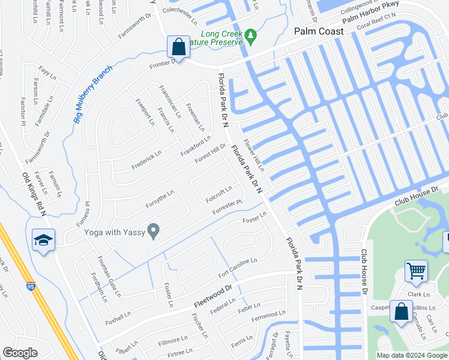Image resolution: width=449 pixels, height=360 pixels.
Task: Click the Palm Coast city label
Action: click(x=318, y=31)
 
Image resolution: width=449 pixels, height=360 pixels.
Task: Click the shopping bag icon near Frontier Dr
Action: click(x=179, y=46)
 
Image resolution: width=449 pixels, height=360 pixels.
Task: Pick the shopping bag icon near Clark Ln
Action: click(x=400, y=311)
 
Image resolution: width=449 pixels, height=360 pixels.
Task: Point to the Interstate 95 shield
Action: click(x=31, y=286)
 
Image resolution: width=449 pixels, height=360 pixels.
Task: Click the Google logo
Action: click(x=20, y=353)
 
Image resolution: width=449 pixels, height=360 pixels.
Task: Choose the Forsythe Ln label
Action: click(x=159, y=199)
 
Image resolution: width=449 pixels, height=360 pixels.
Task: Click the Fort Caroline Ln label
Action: click(x=238, y=268)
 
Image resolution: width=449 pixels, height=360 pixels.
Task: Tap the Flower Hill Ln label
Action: click(x=253, y=157)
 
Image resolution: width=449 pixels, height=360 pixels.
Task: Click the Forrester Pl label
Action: click(x=228, y=209)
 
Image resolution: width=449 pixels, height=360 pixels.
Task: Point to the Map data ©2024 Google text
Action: click(x=411, y=355)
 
